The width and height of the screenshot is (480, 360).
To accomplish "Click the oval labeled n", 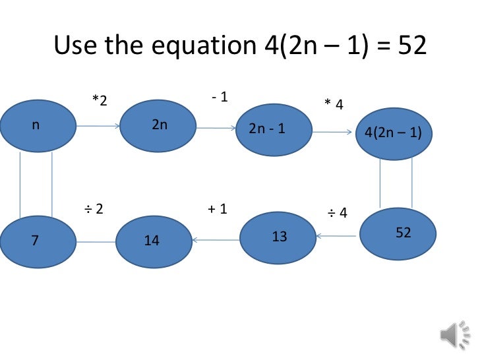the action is (x=38, y=125).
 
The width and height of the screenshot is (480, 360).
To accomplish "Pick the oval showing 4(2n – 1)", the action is (x=394, y=135).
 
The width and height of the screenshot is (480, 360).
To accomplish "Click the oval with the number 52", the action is (x=398, y=233).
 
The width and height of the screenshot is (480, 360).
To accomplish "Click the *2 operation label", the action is (x=100, y=100).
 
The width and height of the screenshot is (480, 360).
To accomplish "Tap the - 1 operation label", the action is (x=220, y=97).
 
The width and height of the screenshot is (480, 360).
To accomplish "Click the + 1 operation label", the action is (x=218, y=209).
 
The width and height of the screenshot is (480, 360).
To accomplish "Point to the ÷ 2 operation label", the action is (x=94, y=209).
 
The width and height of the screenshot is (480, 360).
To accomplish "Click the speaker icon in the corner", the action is (x=453, y=336).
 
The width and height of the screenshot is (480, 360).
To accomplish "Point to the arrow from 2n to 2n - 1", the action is (x=216, y=129).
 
